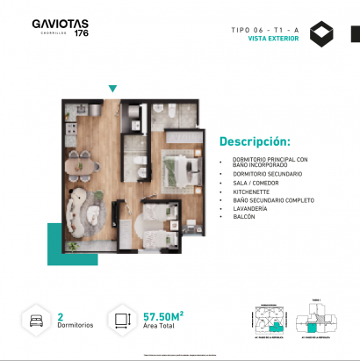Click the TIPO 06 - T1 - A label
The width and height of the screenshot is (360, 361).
pyautogui.click(x=265, y=30)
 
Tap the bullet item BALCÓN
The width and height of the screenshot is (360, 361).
pyautogui.click(x=245, y=218)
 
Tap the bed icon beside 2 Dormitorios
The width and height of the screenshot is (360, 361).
pyautogui.click(x=36, y=319)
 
